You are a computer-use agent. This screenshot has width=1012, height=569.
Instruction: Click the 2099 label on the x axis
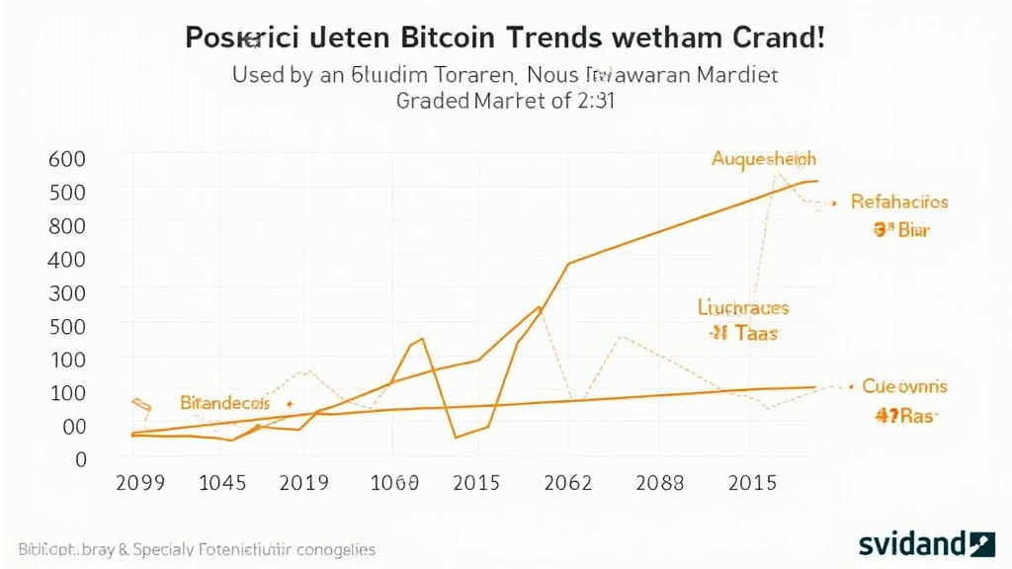[140, 483]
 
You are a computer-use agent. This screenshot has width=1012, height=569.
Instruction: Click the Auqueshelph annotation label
[763, 159]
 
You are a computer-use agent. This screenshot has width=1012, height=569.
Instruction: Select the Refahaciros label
[898, 202]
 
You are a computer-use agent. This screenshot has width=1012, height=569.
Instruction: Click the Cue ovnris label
[904, 386]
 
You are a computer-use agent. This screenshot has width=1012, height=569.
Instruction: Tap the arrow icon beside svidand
[982, 543]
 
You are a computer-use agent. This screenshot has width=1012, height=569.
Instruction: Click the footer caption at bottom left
[197, 548]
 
